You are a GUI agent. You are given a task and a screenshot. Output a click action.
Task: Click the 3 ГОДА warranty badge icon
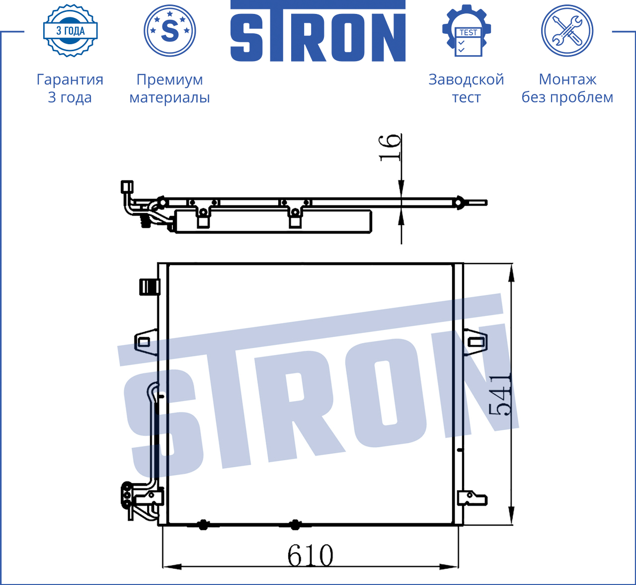coord(71,30)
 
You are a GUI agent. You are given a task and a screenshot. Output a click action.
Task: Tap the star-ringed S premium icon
coord(169,31)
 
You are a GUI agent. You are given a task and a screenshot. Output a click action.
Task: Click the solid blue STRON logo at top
coord(318,31)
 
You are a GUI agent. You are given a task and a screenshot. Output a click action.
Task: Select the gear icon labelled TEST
coord(467,31)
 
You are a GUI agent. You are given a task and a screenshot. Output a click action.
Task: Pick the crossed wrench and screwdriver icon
coord(567,31)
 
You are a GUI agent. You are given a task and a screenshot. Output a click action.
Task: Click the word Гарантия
coord(70,80)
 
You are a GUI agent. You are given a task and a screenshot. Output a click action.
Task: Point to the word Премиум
coord(169,80)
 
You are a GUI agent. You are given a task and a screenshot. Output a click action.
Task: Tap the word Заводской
coord(467,80)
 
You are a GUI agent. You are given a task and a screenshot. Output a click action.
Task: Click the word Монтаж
coord(567,80)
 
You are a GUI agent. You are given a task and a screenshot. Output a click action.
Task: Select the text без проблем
coord(567,97)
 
